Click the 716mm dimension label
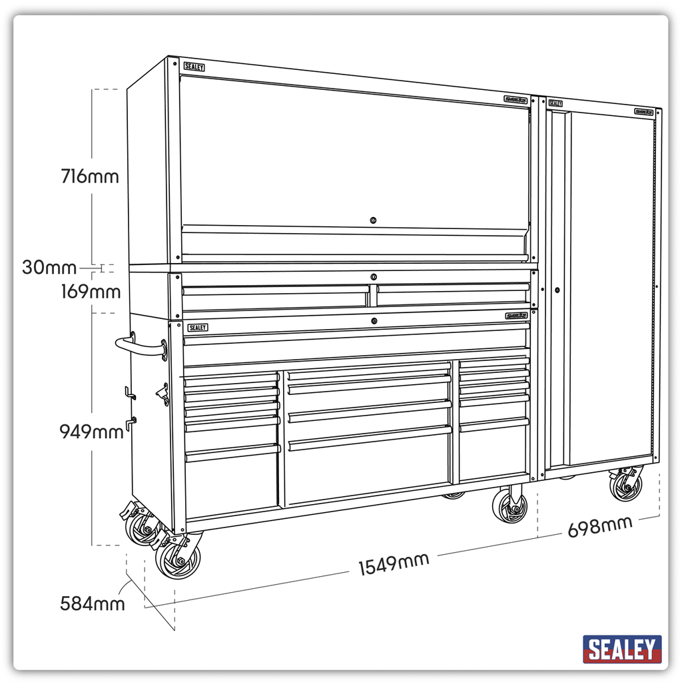pyautogui.click(x=90, y=177)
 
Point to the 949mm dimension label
pyautogui.click(x=92, y=432)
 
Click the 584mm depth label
pyautogui.click(x=93, y=604)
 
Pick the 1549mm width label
pyautogui.click(x=394, y=564)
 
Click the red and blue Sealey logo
pyautogui.click(x=622, y=649)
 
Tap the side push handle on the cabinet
pyautogui.click(x=141, y=346)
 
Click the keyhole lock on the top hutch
pyautogui.click(x=373, y=220)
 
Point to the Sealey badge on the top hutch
pyautogui.click(x=194, y=67)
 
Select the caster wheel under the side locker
pyautogui.click(x=626, y=486)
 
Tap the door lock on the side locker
pyautogui.click(x=557, y=290)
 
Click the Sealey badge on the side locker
pyautogui.click(x=555, y=103)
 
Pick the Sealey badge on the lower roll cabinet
pyautogui.click(x=197, y=327)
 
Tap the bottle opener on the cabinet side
pyautogui.click(x=161, y=394)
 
